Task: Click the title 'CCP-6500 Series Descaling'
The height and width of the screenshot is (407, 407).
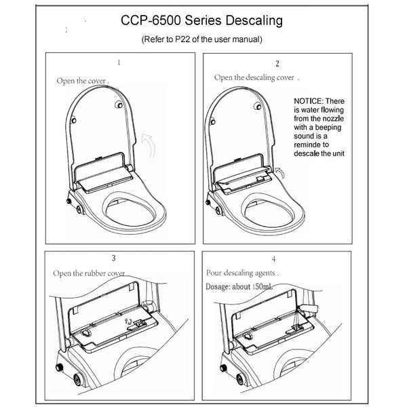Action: pyautogui.click(x=203, y=21)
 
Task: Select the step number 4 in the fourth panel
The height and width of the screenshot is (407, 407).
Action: pyautogui.click(x=273, y=259)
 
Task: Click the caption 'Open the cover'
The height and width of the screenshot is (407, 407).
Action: pyautogui.click(x=82, y=81)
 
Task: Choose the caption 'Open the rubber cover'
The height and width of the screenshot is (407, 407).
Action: pyautogui.click(x=91, y=273)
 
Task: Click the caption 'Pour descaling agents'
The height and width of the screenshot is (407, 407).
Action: pyautogui.click(x=243, y=273)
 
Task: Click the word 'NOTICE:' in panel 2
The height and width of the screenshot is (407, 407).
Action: pyautogui.click(x=310, y=101)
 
